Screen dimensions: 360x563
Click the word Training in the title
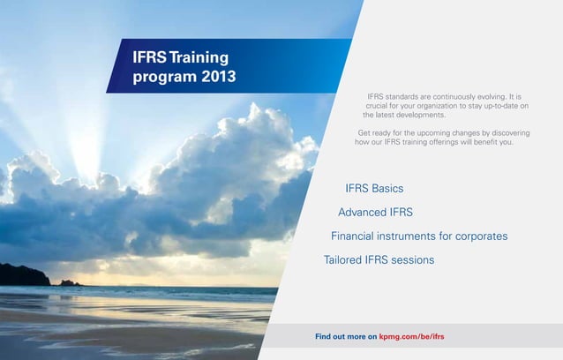click(199, 57)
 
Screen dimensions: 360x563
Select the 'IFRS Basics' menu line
click(374, 188)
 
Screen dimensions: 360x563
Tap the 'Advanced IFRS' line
click(375, 212)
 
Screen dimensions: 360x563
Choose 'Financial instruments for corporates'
click(418, 236)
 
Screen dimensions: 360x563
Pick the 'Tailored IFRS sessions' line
click(379, 260)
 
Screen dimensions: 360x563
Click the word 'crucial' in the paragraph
click(380, 106)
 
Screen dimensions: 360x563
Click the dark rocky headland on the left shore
click(22, 276)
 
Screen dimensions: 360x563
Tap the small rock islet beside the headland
click(66, 282)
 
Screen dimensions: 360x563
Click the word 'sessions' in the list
click(411, 260)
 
